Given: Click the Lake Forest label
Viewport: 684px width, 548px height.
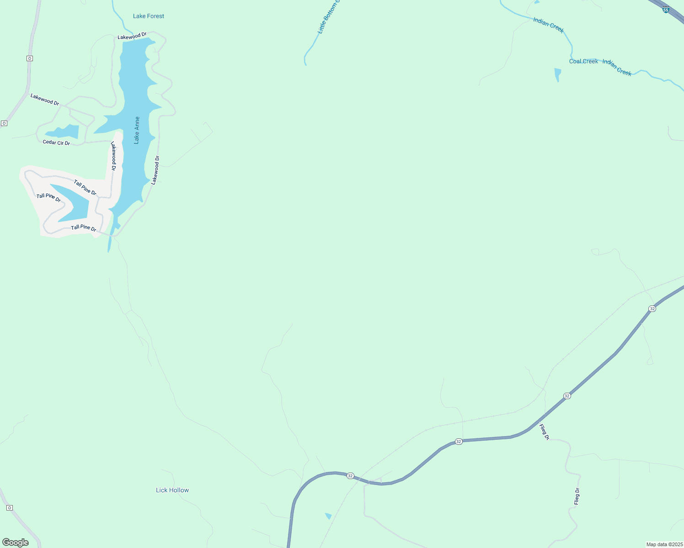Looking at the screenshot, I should point(148,16).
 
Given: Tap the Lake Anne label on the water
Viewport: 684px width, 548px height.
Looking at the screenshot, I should point(137,130).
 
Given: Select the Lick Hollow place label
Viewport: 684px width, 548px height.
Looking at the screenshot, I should point(172,490).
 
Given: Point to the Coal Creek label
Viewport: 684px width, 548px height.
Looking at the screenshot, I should point(583,61).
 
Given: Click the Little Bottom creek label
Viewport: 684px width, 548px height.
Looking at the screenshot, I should point(328,18).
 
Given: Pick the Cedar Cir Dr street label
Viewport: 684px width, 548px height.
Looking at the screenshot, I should point(56,142).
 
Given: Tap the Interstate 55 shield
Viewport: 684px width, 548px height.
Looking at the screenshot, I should point(666,9).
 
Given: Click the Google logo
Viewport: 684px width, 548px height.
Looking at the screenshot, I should point(16,543).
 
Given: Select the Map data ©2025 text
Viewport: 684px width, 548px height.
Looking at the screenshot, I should point(664,544).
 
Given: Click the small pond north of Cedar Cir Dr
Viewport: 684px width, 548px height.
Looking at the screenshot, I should point(64,132).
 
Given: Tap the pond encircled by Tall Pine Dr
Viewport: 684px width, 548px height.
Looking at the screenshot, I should point(73,203).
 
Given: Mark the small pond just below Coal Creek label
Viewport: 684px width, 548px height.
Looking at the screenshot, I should point(557,74).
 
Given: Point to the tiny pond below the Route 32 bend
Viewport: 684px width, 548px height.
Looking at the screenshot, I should point(328,516).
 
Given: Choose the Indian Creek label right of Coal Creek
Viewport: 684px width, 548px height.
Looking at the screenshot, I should point(617,67).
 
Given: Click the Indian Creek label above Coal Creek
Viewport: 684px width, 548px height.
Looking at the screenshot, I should point(548,25).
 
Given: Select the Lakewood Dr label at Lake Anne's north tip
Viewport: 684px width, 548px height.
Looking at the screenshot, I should point(132,36).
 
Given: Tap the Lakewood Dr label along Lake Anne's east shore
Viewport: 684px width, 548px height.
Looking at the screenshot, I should point(155,170).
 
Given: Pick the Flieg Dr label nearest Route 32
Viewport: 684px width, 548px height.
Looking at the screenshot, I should point(544,432).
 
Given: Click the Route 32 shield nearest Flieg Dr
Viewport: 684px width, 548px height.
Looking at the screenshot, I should point(567,396).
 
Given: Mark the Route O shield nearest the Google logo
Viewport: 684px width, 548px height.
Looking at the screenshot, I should point(9,508).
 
